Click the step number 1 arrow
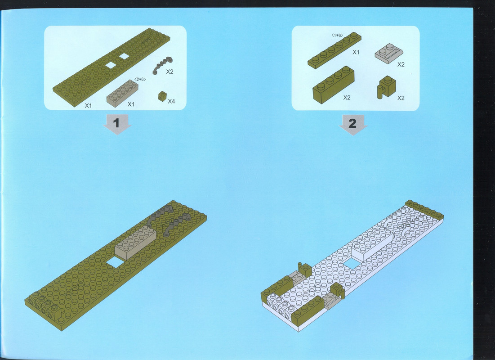(117, 124)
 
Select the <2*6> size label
(140, 79)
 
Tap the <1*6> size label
(337, 35)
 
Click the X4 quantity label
(171, 101)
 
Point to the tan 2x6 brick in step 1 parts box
(122, 93)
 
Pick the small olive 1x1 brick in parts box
(162, 96)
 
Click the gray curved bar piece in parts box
(162, 65)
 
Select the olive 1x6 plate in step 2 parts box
(334, 50)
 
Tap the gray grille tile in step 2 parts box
(389, 54)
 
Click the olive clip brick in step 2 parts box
(386, 87)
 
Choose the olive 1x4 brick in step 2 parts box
(333, 85)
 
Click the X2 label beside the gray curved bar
(170, 72)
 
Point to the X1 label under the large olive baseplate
(89, 106)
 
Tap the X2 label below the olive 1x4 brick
(347, 97)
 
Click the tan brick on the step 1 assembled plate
(135, 242)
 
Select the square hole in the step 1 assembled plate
(116, 262)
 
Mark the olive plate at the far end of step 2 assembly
(424, 210)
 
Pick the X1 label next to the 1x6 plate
(356, 52)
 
